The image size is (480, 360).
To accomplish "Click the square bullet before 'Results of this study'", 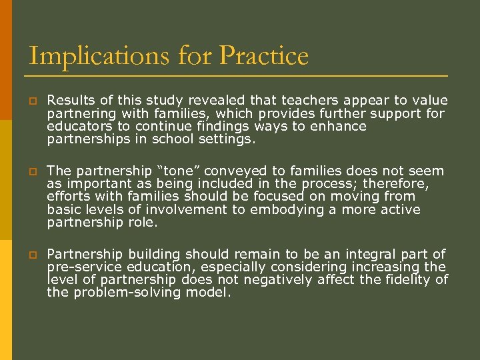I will (x=32, y=101).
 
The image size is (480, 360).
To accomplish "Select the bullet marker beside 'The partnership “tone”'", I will (x=32, y=172).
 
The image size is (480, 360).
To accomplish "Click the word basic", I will (x=64, y=210).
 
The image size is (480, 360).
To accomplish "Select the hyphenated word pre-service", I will (x=85, y=267).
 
